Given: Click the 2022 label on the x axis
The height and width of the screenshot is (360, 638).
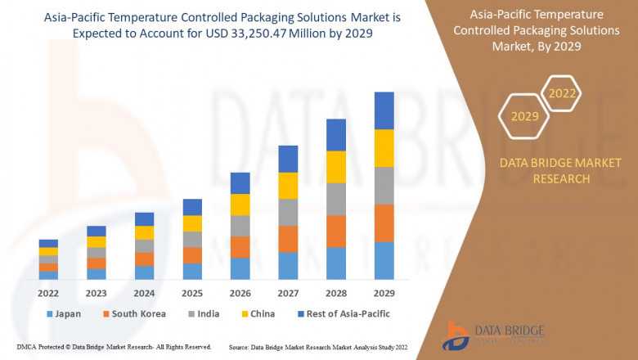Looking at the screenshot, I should [x=48, y=294].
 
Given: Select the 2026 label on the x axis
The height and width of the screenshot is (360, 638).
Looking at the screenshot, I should [x=240, y=294].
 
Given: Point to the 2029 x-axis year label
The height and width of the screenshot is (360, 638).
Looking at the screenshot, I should [x=384, y=294].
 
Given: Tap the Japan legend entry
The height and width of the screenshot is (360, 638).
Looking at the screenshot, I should [x=66, y=313].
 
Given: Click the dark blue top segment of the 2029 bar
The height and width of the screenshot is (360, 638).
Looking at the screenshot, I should [x=384, y=110].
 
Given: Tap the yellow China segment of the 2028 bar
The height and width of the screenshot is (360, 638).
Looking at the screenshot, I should [x=335, y=167].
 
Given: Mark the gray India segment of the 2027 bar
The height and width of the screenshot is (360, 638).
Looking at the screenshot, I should [x=287, y=212].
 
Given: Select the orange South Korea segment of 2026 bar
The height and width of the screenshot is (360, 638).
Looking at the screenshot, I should [x=240, y=247].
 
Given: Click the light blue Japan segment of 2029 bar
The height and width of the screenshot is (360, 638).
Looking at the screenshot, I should [x=384, y=260].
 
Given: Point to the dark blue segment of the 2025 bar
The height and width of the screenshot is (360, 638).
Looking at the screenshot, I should [x=192, y=207].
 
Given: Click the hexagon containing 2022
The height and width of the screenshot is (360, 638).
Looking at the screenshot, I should [x=562, y=94].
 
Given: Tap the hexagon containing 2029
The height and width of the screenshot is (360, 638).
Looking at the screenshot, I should [x=524, y=117].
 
